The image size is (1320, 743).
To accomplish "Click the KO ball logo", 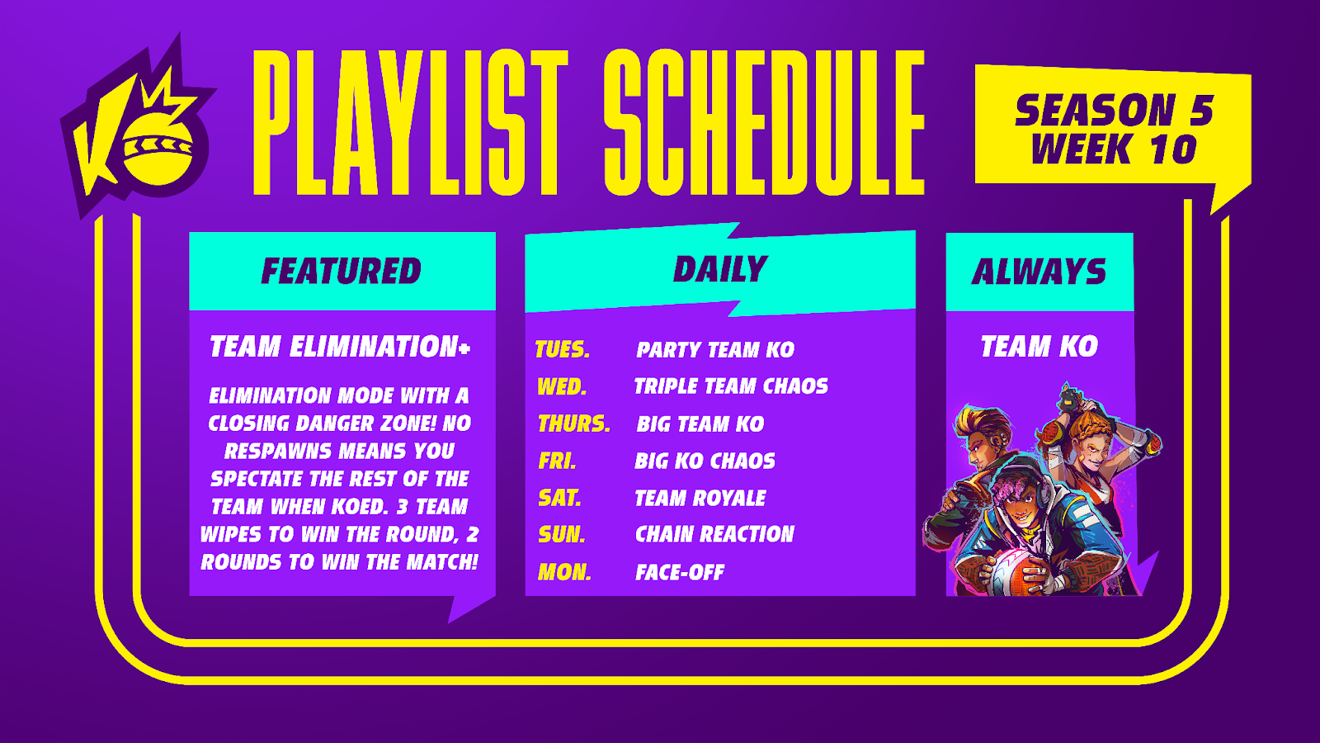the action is pyautogui.click(x=139, y=127).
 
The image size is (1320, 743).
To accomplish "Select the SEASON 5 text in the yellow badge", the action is pyautogui.click(x=1114, y=111).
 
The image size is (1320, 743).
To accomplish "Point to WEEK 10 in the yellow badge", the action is pyautogui.click(x=1114, y=149).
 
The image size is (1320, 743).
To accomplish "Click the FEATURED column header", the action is pyautogui.click(x=342, y=272).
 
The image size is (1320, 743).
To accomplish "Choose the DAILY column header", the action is pyautogui.click(x=720, y=269).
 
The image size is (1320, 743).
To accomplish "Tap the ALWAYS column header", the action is pyautogui.click(x=1039, y=272).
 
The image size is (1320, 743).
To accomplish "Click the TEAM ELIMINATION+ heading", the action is pyautogui.click(x=340, y=346).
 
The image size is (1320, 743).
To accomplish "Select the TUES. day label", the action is pyautogui.click(x=563, y=350).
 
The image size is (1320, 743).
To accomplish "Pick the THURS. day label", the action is pyautogui.click(x=574, y=424).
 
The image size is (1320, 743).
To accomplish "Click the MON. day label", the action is pyautogui.click(x=564, y=572).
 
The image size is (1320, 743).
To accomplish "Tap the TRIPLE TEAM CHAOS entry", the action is pyautogui.click(x=731, y=386).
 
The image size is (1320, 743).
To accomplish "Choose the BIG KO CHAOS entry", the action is pyautogui.click(x=705, y=461).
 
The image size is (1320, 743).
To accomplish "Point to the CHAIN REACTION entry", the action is pyautogui.click(x=714, y=534).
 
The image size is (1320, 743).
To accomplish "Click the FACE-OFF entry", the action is pyautogui.click(x=680, y=572).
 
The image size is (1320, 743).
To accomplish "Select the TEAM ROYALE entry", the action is pyautogui.click(x=700, y=499).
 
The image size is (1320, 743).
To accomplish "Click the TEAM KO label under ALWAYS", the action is pyautogui.click(x=1039, y=346).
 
